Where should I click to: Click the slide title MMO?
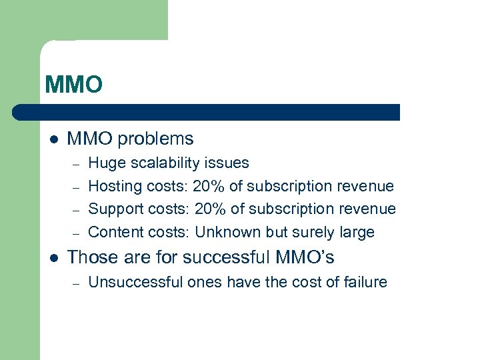(73, 85)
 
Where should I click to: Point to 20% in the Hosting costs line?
(209, 186)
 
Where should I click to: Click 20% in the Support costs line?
(211, 209)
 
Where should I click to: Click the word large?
(357, 232)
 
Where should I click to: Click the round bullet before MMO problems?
(53, 140)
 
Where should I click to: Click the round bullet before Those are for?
(53, 258)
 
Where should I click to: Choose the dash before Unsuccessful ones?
(77, 283)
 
